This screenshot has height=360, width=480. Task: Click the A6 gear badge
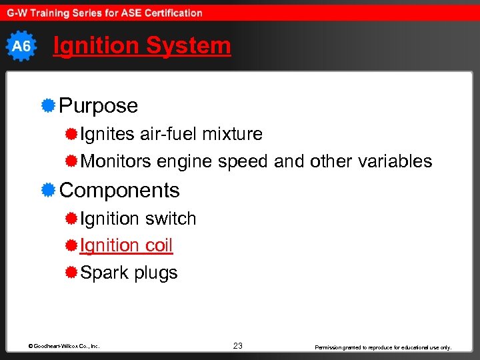pyautogui.click(x=21, y=46)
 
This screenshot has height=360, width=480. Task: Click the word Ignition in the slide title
pyautogui.click(x=96, y=46)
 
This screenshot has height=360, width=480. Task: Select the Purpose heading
pyautogui.click(x=99, y=105)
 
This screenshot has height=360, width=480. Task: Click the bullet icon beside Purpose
pyautogui.click(x=47, y=105)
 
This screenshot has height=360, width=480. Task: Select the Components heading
pyautogui.click(x=120, y=190)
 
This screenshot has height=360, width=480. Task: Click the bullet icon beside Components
pyautogui.click(x=47, y=190)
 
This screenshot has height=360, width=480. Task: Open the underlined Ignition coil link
pyautogui.click(x=126, y=245)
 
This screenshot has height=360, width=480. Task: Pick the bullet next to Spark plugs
pyautogui.click(x=71, y=273)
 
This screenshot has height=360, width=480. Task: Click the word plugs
pyautogui.click(x=155, y=273)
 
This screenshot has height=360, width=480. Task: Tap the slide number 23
pyautogui.click(x=238, y=345)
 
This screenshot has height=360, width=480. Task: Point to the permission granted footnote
pyautogui.click(x=383, y=347)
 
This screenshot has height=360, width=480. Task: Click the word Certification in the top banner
pyautogui.click(x=167, y=13)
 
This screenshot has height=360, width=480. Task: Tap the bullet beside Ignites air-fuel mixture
pyautogui.click(x=71, y=134)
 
